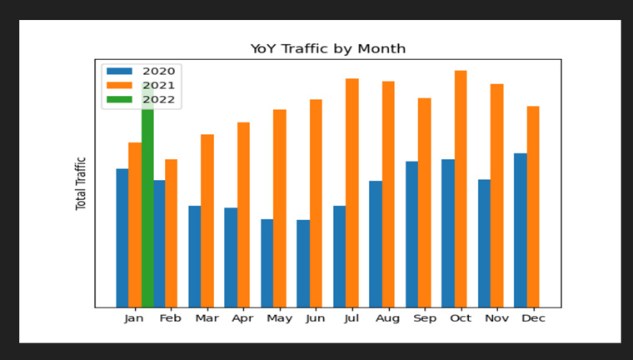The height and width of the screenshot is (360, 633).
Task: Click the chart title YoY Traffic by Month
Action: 328,49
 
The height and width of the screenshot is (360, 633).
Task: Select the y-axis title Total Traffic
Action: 81,183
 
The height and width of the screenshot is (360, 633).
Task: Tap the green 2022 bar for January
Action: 147,195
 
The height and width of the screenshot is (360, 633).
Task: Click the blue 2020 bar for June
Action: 303,263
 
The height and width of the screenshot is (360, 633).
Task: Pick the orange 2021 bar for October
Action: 461,189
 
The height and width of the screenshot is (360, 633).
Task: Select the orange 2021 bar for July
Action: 352,193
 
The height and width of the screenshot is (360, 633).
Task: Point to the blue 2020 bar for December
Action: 521,230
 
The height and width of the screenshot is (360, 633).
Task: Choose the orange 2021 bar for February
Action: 172,233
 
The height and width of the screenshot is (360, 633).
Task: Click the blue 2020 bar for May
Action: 267,263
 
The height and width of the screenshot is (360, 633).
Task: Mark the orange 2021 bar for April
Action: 243,215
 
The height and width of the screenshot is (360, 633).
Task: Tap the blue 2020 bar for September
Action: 411,234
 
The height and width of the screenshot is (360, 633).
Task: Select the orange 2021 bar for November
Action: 497,196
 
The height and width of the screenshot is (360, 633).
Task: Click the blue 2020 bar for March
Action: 195,257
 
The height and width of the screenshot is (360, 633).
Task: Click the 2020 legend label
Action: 158,72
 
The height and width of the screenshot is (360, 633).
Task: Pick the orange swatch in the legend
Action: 119,85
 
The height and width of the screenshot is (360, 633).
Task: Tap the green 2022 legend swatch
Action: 119,99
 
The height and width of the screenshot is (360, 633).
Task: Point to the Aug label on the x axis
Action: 387,319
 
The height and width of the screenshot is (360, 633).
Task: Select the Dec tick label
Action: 533,318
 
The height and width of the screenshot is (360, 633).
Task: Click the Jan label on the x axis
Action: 133,319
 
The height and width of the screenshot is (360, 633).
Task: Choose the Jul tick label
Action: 351,319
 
